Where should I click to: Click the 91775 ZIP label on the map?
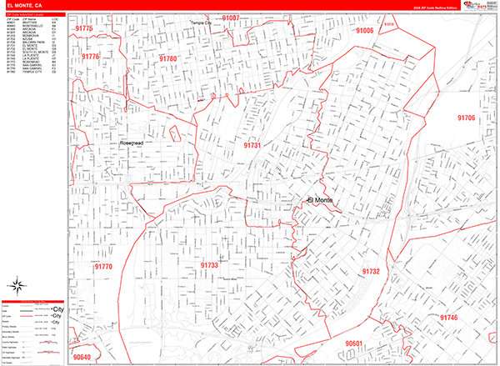tap(83, 29)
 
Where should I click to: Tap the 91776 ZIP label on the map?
tap(90, 57)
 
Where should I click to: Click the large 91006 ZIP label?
tap(364, 30)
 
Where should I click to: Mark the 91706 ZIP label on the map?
tap(466, 118)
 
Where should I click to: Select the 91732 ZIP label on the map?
tap(371, 271)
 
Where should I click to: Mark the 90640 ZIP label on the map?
tap(82, 357)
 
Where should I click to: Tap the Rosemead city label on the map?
tap(133, 143)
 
